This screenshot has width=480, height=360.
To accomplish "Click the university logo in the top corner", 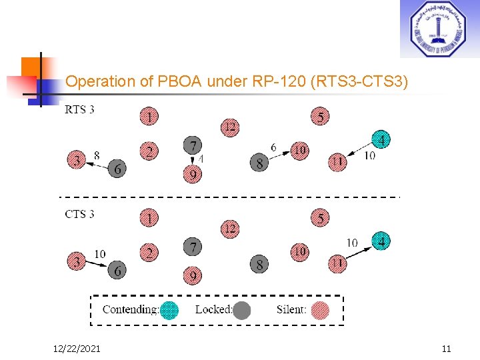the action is pos(439,29).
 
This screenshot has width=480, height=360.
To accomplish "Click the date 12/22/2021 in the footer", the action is pos(77,348).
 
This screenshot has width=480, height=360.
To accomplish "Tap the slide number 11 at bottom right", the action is pos(446,348).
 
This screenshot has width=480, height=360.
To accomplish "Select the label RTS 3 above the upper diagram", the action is pos(79,109).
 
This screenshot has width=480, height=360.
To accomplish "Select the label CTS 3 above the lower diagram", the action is pos(79,213).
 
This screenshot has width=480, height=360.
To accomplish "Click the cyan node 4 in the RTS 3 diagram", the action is pos(381,140).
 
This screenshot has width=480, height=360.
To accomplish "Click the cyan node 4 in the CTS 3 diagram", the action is pos(381,241).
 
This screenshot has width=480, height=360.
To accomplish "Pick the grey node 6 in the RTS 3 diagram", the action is pos(117,169).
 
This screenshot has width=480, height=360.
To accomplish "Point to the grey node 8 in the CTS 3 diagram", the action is pos(259,264).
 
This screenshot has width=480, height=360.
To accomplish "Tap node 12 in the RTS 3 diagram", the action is pos(229,127).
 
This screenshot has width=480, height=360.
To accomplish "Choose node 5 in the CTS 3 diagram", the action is pos(320,219).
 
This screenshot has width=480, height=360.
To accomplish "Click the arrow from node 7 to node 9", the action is pos(193,161).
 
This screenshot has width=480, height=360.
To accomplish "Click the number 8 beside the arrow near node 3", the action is pos(97,155).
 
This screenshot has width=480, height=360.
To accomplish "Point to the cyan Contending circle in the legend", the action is pos(170,310).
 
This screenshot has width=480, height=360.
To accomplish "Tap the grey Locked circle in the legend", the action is pos(242,310).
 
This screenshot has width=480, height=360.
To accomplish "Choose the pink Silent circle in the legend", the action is pos(321,310).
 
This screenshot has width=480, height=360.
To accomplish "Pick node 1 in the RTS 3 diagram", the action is pos(149,117).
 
